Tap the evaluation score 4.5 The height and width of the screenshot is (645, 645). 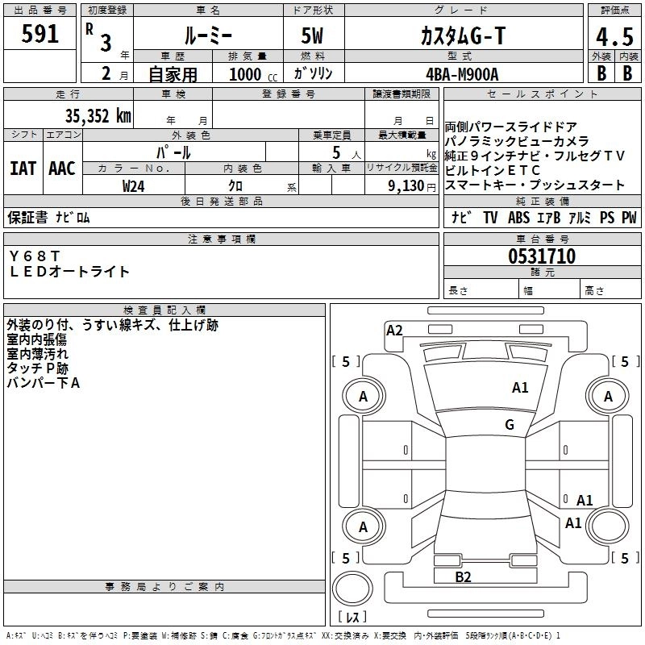614,37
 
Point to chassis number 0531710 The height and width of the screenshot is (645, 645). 541,257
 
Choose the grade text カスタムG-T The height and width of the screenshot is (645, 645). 463,35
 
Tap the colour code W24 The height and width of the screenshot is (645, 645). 134,185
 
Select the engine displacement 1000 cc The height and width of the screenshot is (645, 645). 247,74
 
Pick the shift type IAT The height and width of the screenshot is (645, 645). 23,169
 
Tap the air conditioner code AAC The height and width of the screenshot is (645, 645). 61,169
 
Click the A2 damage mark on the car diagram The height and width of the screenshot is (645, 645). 394,330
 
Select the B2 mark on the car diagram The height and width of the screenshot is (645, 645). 463,576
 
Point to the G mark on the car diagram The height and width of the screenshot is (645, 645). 510,425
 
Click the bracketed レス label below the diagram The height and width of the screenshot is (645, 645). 352,617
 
